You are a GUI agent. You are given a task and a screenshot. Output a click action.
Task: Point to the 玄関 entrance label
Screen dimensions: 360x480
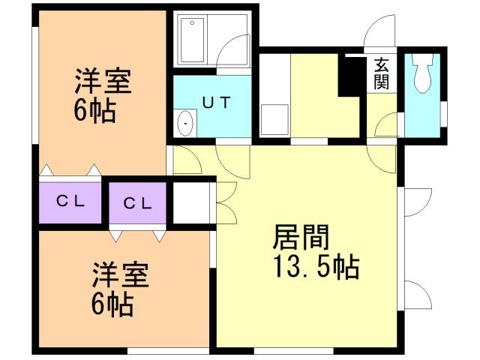tap(382, 73)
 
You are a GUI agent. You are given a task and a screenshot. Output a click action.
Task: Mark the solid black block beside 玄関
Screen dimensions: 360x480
tap(350, 75)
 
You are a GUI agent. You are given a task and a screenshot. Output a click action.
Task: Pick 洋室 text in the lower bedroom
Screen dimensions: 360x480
tap(120, 276)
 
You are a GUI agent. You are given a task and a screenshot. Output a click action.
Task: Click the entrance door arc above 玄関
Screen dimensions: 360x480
tap(375, 34)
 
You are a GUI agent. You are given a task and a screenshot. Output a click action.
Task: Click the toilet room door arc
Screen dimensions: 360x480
tap(387, 124)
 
